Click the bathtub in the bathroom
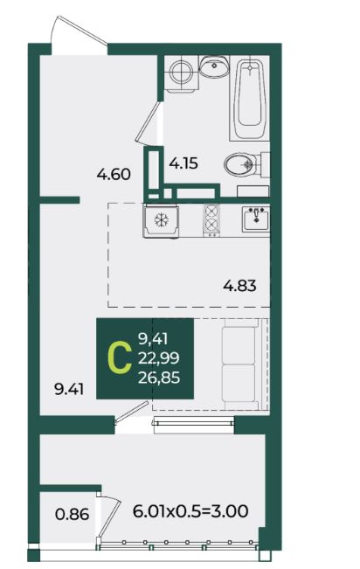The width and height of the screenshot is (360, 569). click(249, 99)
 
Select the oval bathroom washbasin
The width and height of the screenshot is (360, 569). click(214, 66)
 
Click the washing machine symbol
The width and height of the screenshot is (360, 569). click(181, 73)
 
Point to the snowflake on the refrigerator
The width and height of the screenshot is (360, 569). click(161, 220)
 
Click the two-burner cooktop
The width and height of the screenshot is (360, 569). click(211, 220)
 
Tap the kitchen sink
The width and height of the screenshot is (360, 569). click(256, 219)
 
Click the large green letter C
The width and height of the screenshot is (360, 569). click(120, 358)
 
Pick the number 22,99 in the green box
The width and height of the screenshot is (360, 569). click(158, 358)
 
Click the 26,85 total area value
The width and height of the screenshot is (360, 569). click(159, 378)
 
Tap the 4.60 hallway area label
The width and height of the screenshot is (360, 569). click(114, 175)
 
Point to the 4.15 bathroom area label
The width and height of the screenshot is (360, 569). click(183, 163)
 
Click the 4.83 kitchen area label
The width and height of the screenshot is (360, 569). click(239, 286)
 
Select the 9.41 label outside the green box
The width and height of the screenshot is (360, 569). click(69, 389)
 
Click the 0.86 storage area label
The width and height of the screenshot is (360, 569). click(72, 514)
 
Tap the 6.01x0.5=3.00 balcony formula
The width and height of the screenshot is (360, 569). click(190, 511)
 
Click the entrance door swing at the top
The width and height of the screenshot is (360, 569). click(80, 31)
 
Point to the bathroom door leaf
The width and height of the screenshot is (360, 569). click(148, 122)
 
